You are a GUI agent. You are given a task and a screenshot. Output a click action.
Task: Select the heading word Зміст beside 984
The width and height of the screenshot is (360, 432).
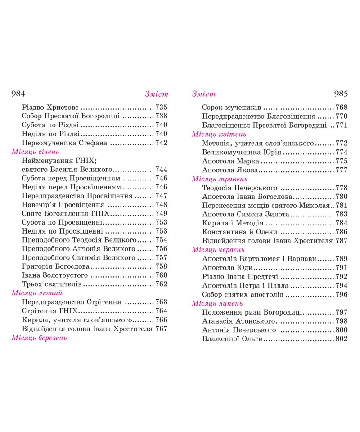coord(156,94)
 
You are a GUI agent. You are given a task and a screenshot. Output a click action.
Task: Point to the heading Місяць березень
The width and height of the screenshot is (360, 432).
coord(39,337)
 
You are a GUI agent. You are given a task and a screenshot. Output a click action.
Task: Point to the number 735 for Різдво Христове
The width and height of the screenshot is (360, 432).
coord(161,108)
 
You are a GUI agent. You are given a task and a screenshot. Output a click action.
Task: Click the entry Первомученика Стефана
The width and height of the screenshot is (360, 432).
coord(64,143)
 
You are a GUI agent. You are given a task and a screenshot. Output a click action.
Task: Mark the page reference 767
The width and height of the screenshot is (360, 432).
coord(161,328)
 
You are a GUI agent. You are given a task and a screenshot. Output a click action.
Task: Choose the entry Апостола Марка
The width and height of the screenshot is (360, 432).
coord(230,161)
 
